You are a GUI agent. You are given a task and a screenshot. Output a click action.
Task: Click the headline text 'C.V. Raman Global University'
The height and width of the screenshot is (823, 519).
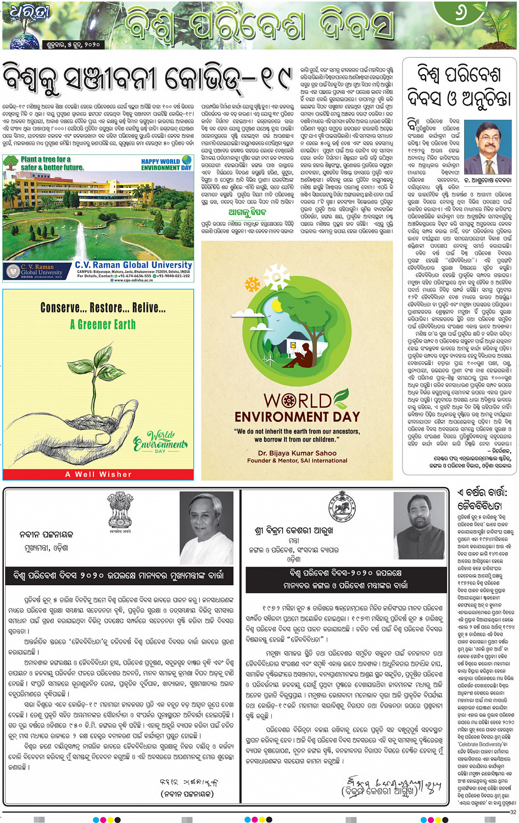[x=133, y=265]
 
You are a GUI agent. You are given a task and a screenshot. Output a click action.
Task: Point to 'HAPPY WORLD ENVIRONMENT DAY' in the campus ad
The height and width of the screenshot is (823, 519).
[x=166, y=165]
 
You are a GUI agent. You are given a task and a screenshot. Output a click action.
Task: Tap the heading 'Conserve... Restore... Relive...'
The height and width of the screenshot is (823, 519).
[x=103, y=308]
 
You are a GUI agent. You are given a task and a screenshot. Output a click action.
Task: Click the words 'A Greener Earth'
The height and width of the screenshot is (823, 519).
[x=103, y=325]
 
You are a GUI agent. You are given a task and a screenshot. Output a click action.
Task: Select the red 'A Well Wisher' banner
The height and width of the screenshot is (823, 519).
[x=98, y=474]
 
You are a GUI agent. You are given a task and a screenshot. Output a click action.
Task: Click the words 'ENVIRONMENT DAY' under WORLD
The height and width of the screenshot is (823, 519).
[x=297, y=416]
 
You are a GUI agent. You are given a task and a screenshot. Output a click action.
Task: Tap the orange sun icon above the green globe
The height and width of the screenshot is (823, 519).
[x=253, y=284]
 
